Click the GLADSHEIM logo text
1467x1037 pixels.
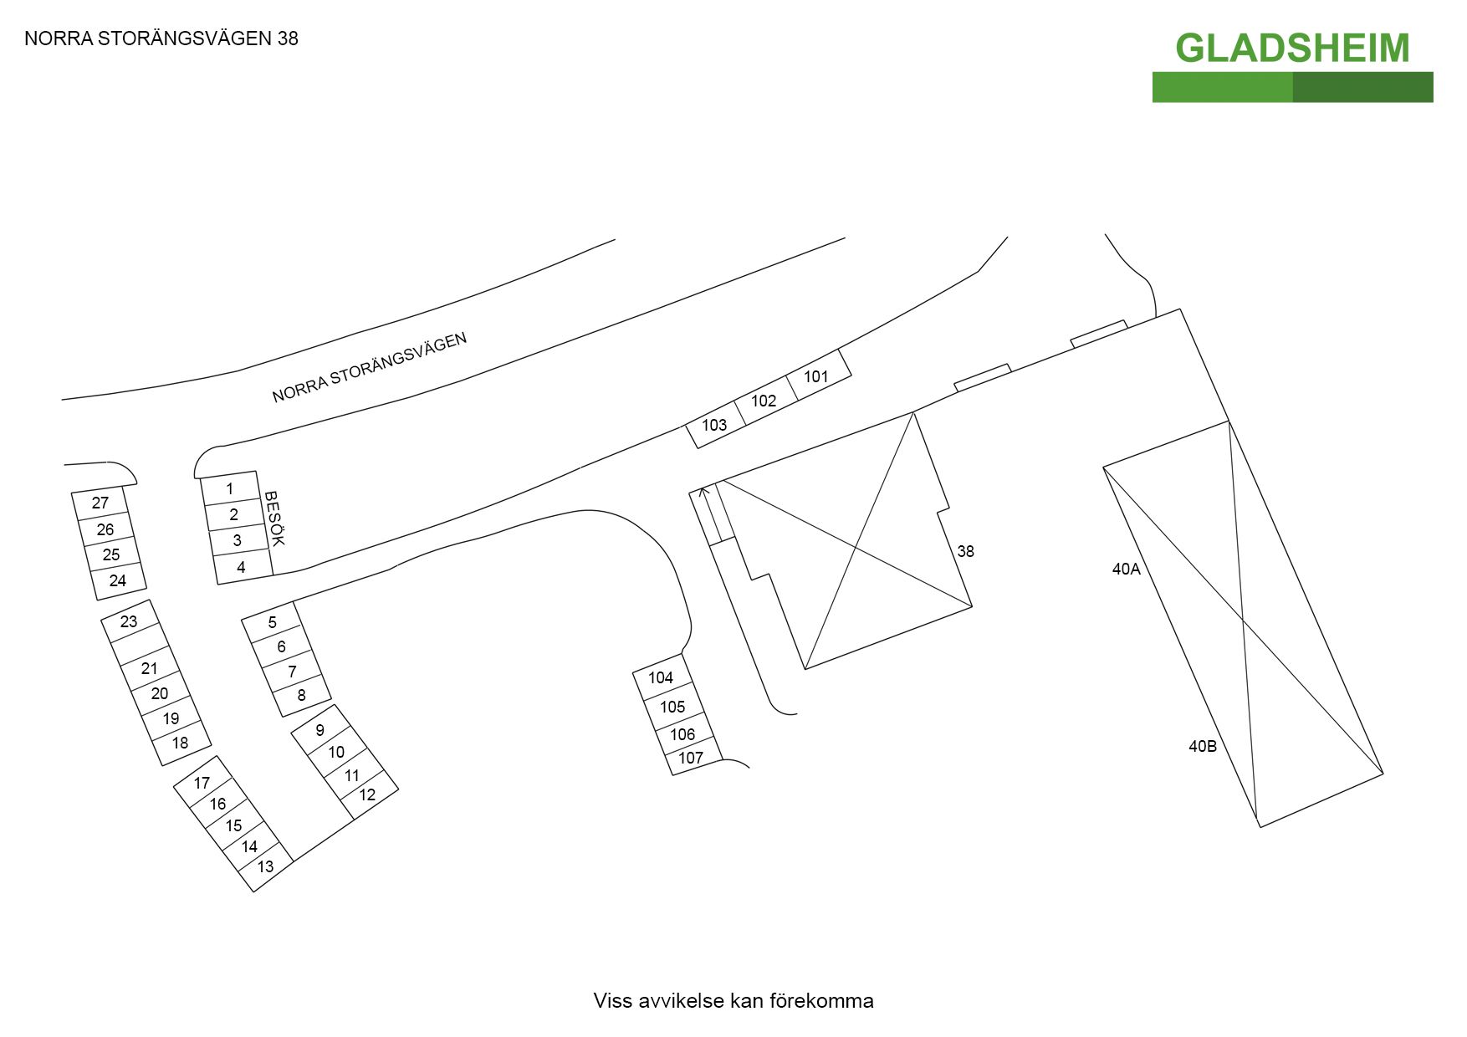pos(1292,48)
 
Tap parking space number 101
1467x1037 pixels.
pos(816,376)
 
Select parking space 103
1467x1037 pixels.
pos(714,425)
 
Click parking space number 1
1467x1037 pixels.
pos(230,488)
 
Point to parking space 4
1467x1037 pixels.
pos(242,567)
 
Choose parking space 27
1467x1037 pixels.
pos(100,503)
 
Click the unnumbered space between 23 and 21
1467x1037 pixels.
pos(139,645)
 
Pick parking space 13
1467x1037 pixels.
pos(266,866)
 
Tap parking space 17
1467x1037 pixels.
pos(202,783)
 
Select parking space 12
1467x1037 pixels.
pos(368,794)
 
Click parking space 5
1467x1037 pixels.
pos(272,622)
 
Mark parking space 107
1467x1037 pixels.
pos(691,758)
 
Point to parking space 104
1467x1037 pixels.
pos(661,677)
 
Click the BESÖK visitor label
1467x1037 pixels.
pos(274,518)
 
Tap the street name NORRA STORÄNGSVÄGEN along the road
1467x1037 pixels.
pos(369,368)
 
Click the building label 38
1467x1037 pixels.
pos(965,551)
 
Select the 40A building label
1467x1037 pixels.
pos(1126,570)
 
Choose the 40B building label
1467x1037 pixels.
pos(1203,746)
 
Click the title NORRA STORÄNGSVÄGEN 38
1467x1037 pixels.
pos(161,38)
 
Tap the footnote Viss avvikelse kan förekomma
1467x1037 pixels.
pos(733,1001)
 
